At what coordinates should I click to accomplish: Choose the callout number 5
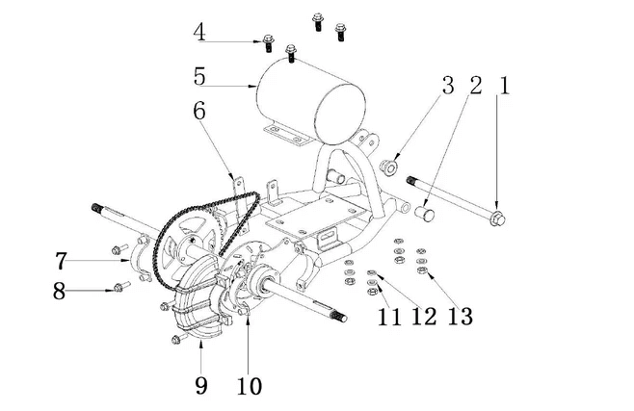tap(199, 75)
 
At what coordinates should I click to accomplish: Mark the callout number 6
tap(199, 112)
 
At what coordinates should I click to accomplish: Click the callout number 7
tap(61, 260)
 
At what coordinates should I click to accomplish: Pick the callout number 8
tap(60, 289)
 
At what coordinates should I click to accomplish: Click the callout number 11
tap(389, 317)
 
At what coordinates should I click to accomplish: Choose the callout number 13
tap(461, 317)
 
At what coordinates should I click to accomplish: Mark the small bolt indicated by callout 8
tap(120, 286)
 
